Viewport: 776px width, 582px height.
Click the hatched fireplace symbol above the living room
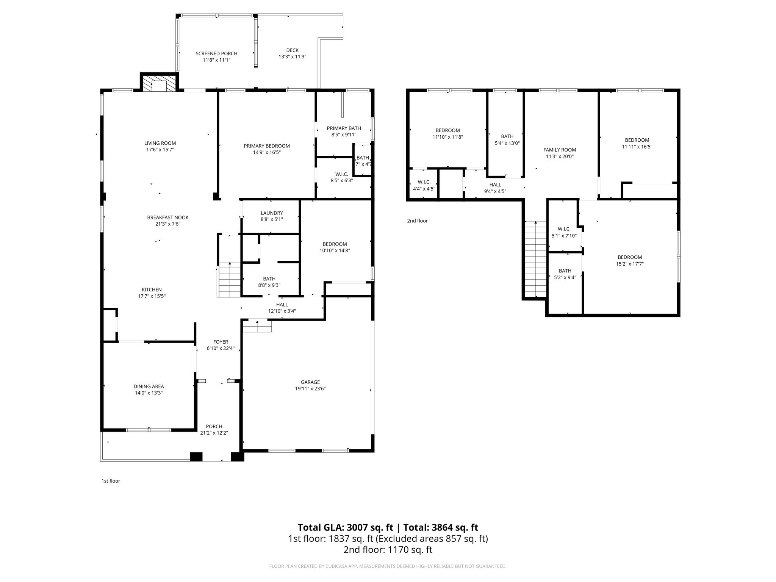click(x=159, y=83)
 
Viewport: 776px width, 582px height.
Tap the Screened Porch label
click(x=216, y=53)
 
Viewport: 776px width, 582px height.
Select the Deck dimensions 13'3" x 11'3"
click(x=292, y=56)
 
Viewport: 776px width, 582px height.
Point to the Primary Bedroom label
click(x=267, y=146)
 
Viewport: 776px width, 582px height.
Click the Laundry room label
click(x=272, y=213)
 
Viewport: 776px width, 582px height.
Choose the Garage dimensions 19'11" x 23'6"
click(x=310, y=388)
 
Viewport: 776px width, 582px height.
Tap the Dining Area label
click(x=149, y=386)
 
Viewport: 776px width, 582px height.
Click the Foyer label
click(x=221, y=342)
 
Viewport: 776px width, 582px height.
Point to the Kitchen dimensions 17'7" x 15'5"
click(x=152, y=296)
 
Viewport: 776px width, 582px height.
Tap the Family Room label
click(x=559, y=150)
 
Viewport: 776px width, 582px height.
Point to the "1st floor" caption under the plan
click(x=111, y=481)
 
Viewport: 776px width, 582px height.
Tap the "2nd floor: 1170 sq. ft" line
click(x=388, y=549)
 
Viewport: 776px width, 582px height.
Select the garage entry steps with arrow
click(x=257, y=326)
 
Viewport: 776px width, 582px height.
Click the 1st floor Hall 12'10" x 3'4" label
click(x=282, y=305)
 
